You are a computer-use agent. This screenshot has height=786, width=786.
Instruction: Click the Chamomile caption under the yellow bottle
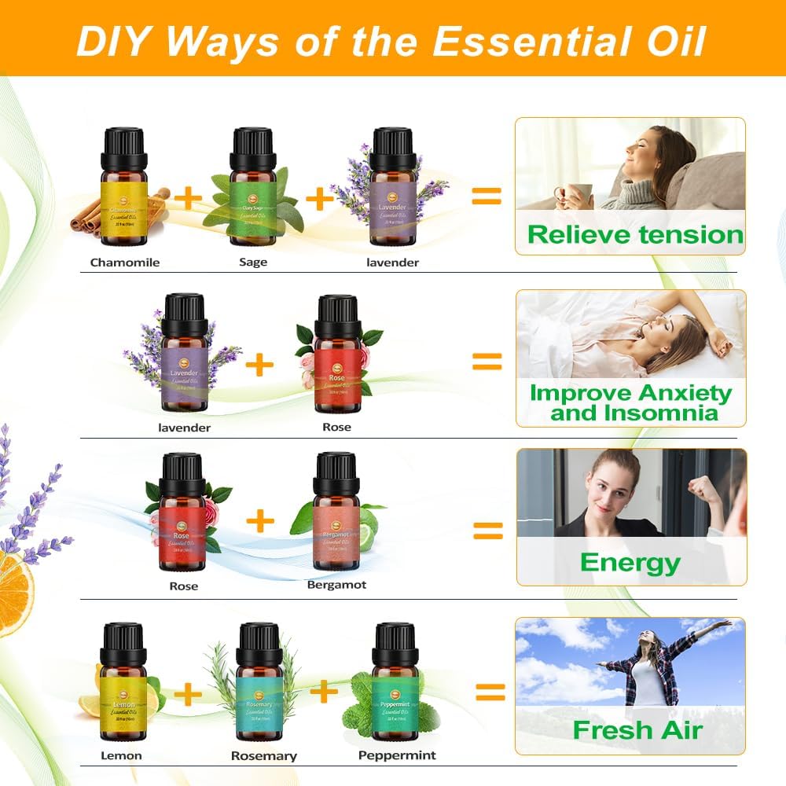point(124,262)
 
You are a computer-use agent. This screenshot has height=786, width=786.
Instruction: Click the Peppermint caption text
point(397,755)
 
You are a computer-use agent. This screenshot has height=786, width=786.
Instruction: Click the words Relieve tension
point(635,234)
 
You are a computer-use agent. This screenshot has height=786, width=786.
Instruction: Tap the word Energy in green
point(630,562)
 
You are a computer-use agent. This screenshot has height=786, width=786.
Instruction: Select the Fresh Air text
point(637,729)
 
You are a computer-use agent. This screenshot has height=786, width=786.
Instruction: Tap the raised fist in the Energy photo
point(703,488)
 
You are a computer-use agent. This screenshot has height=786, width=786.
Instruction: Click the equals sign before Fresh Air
point(490,692)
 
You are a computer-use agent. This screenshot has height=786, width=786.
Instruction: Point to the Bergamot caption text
point(336,585)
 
